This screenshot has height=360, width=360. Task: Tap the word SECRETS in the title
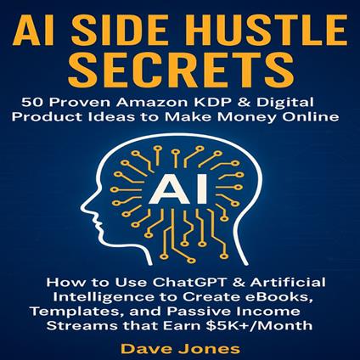coord(179,69)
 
